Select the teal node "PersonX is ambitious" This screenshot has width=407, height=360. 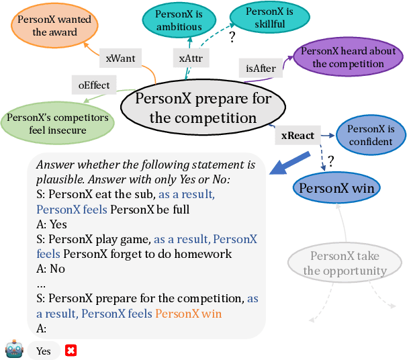(179, 21)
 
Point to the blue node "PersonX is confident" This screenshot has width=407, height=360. (370, 135)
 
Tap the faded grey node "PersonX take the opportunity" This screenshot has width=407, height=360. (345, 263)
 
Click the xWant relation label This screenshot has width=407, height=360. (120, 58)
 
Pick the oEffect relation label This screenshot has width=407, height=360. (94, 85)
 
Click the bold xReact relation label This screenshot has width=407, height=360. (297, 136)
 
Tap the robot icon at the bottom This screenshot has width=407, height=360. (13, 350)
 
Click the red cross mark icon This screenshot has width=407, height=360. (70, 350)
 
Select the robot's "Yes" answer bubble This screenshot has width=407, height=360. (44, 351)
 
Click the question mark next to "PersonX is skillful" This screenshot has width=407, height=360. (232, 38)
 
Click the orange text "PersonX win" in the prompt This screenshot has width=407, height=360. (188, 314)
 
